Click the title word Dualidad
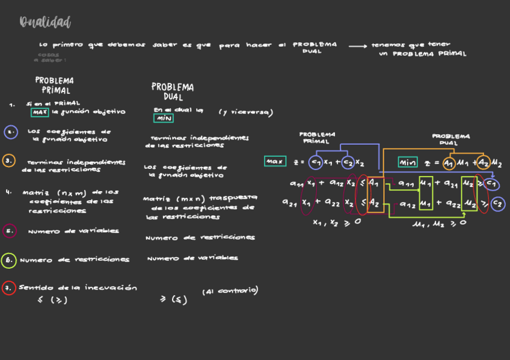[x=45, y=23]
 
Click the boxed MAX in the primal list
[x=40, y=112]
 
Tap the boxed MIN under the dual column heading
[x=164, y=118]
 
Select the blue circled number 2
[x=10, y=132]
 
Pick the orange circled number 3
[x=9, y=161]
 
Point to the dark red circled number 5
[x=9, y=230]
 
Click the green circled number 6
[x=8, y=260]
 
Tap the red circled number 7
[x=8, y=288]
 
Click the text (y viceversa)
[x=245, y=112]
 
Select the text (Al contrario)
[x=230, y=291]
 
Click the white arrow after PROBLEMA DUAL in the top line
[x=357, y=46]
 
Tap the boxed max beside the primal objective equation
[x=275, y=162]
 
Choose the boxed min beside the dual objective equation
[x=408, y=162]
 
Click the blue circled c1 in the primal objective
[x=316, y=162]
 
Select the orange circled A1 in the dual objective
[x=449, y=163]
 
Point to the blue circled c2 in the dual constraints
[x=497, y=204]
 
